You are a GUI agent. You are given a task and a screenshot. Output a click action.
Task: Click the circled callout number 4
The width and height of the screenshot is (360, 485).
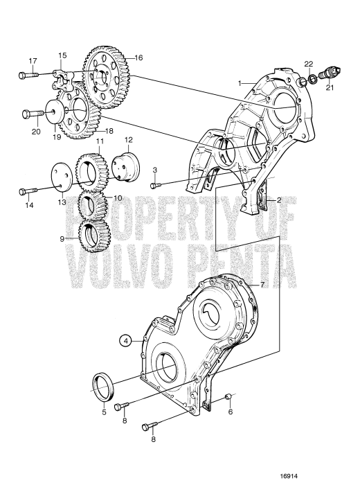click(125, 340)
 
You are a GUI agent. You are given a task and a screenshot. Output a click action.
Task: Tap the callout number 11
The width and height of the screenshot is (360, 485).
click(100, 141)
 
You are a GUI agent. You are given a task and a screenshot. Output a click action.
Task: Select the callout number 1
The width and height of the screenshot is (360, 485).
click(240, 83)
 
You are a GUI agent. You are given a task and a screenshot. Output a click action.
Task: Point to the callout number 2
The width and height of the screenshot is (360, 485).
click(280, 200)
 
